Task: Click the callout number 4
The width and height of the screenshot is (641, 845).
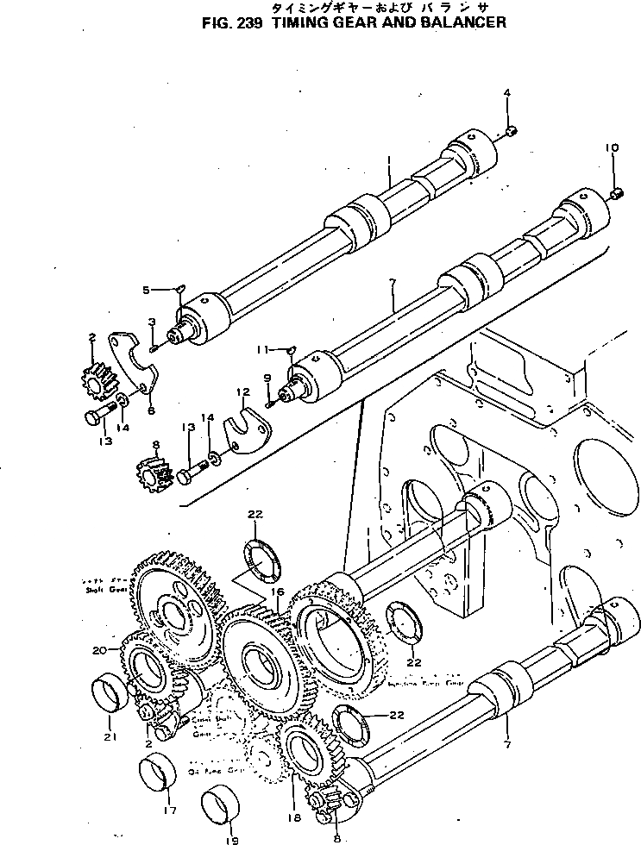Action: pyautogui.click(x=506, y=92)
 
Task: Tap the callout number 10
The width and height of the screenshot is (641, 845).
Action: pyautogui.click(x=611, y=148)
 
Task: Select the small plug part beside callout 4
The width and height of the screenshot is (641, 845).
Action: pyautogui.click(x=510, y=131)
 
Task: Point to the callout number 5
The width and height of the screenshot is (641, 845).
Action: pyautogui.click(x=147, y=290)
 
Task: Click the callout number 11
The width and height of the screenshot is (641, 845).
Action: pyautogui.click(x=260, y=350)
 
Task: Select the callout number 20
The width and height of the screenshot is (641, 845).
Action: pyautogui.click(x=98, y=649)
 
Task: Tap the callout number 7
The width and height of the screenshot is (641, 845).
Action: pyautogui.click(x=506, y=742)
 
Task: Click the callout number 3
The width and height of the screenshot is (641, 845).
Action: pyautogui.click(x=151, y=322)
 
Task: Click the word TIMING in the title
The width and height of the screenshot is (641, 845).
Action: pyautogui.click(x=299, y=22)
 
